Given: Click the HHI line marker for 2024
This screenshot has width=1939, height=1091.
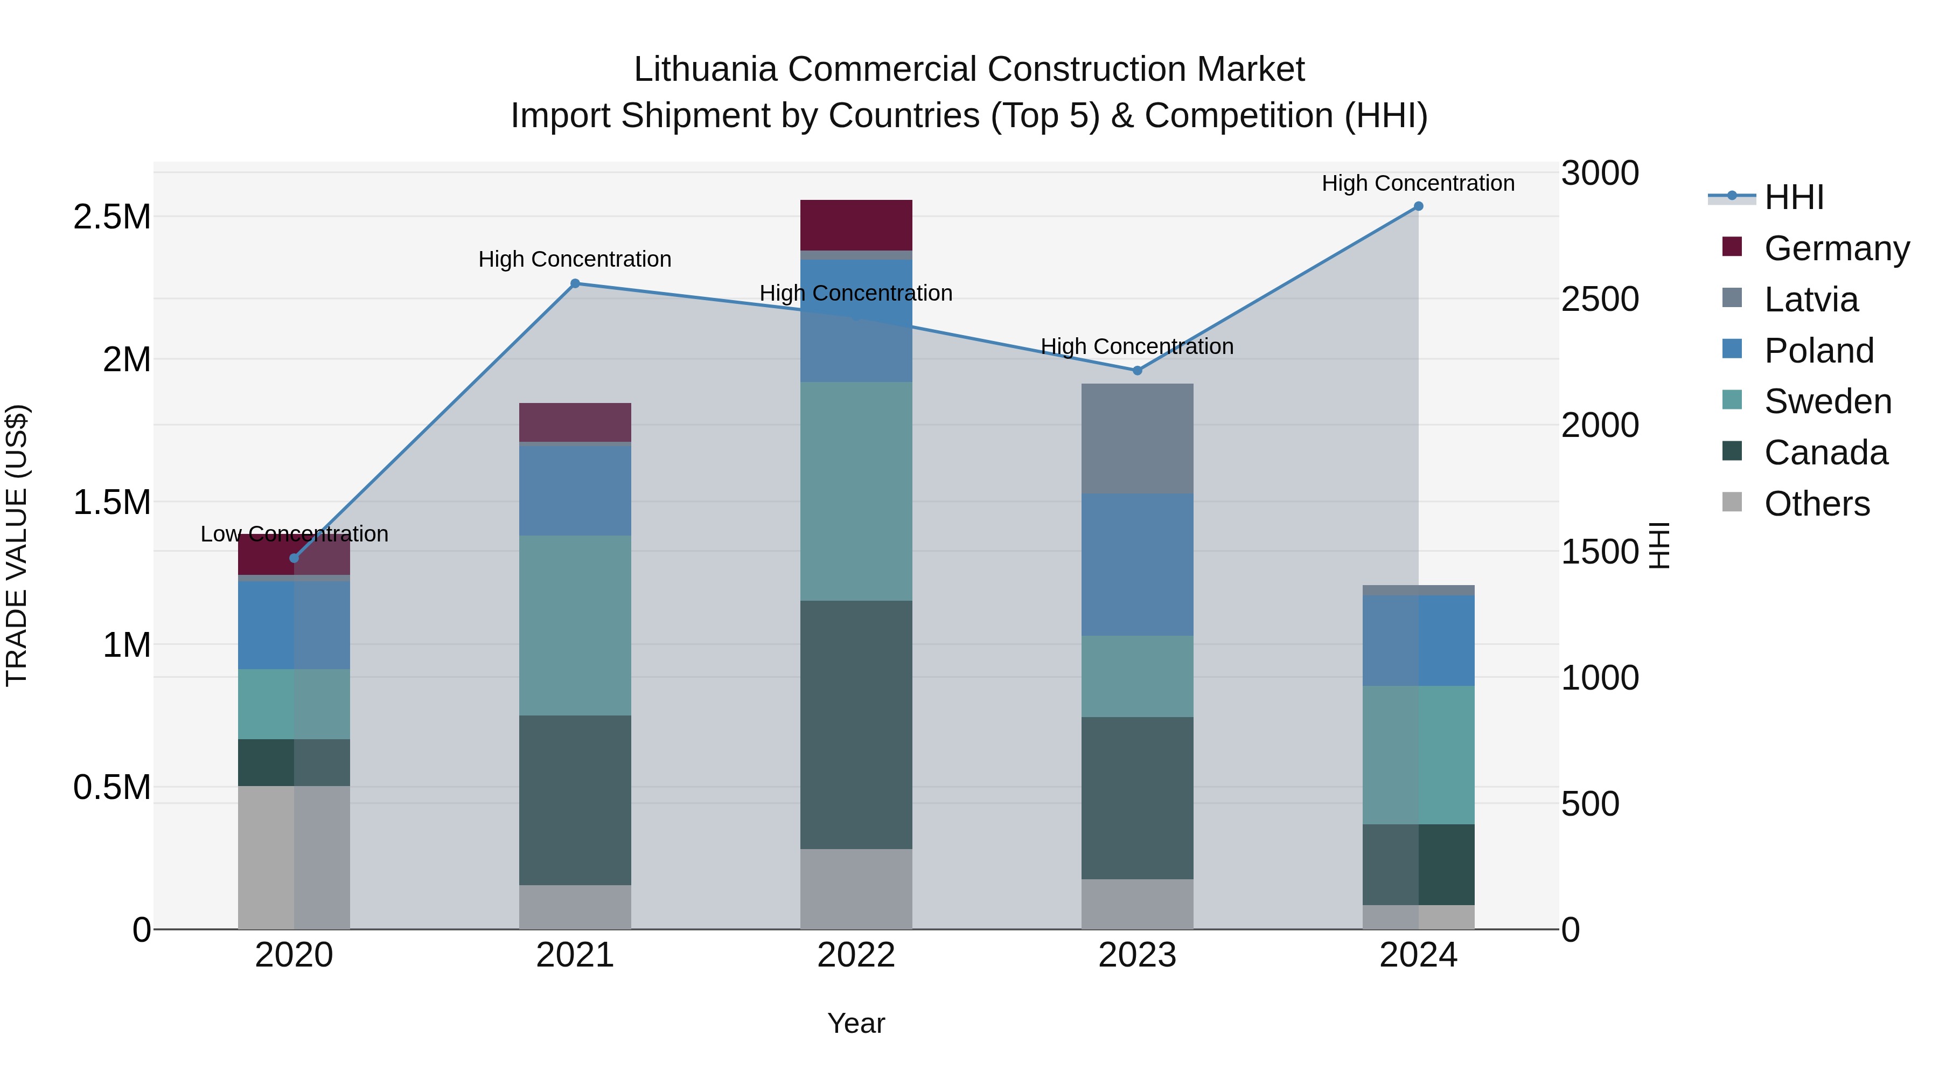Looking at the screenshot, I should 1418,206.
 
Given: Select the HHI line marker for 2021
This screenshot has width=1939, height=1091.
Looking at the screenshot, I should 575,284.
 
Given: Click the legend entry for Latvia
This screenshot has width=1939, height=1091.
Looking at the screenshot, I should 1810,300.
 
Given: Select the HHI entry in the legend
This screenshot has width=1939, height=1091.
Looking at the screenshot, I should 1794,197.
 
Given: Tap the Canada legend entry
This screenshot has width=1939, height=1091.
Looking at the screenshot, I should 1825,453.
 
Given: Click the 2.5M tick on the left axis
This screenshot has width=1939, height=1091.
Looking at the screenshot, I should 111,217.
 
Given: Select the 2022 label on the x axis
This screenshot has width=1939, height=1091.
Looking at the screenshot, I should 856,955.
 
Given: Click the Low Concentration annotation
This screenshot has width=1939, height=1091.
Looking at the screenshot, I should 294,534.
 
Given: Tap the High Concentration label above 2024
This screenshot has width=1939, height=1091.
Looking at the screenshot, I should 1418,183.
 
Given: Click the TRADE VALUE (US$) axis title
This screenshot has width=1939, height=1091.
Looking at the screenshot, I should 17,545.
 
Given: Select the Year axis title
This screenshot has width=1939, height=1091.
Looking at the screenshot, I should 856,1023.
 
